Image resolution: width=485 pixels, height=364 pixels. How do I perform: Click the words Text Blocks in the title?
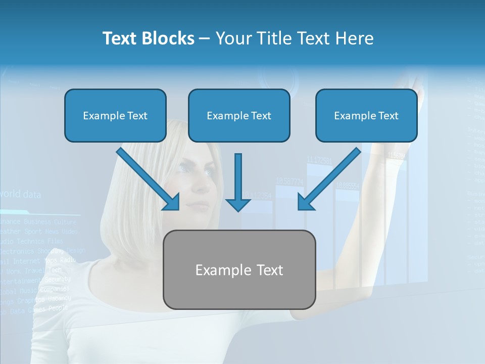[148, 38]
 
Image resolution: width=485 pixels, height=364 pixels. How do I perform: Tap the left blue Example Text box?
[115, 116]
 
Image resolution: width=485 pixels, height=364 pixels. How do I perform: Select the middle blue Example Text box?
[239, 116]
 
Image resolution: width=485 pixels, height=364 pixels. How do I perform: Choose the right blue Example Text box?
[366, 116]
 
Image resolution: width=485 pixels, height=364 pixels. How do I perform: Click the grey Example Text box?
[239, 270]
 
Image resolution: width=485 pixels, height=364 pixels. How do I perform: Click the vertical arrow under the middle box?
[238, 182]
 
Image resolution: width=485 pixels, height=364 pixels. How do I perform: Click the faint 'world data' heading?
[20, 194]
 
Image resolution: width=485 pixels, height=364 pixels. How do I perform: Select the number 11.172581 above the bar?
[319, 160]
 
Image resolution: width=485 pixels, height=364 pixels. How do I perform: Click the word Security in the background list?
[58, 280]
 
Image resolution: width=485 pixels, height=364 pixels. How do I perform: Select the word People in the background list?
[58, 308]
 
